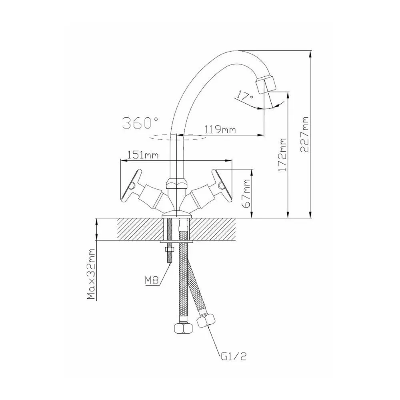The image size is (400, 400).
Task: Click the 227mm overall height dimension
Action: (304, 134)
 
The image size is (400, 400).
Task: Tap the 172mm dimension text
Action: (282, 155)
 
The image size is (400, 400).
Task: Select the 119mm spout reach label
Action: (220, 130)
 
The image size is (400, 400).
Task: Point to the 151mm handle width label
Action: (143, 155)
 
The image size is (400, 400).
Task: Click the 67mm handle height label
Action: (247, 193)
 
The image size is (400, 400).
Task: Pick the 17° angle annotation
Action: (245, 96)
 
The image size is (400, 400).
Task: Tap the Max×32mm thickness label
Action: (90, 274)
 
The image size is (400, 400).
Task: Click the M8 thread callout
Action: (152, 281)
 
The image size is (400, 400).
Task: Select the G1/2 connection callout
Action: (234, 356)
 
